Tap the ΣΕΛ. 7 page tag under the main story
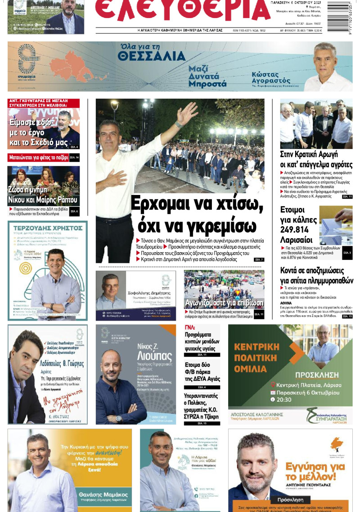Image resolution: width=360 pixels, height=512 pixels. click(259, 260)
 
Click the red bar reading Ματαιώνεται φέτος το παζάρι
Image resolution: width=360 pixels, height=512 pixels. click(38, 158)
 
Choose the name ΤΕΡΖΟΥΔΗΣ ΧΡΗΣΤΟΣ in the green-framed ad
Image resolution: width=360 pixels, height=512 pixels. click(47, 228)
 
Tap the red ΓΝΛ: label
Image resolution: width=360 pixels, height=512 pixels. click(190, 327)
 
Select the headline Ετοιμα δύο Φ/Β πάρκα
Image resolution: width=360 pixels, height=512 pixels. click(202, 372)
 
